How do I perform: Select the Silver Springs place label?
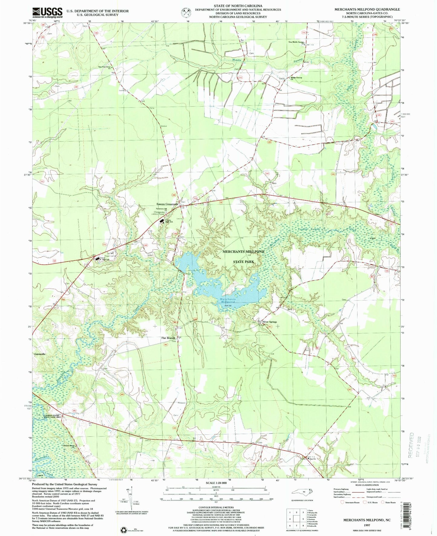point(270,322)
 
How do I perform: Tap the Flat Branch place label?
point(168,338)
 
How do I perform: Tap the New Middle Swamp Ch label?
point(296,42)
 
